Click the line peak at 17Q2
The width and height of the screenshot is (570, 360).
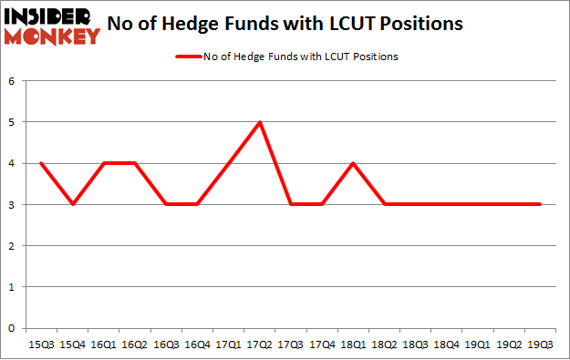click(261, 122)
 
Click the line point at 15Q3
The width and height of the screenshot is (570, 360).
click(42, 163)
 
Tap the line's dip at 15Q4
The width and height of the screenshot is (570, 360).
click(73, 204)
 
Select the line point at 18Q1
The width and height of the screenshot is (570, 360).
click(354, 163)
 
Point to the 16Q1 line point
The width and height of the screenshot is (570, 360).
click(105, 163)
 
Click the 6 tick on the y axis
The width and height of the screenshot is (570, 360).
click(13, 81)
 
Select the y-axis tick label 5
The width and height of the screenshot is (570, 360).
click(13, 122)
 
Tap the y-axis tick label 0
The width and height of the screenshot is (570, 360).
click(13, 328)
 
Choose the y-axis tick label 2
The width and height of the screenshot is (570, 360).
click(13, 246)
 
